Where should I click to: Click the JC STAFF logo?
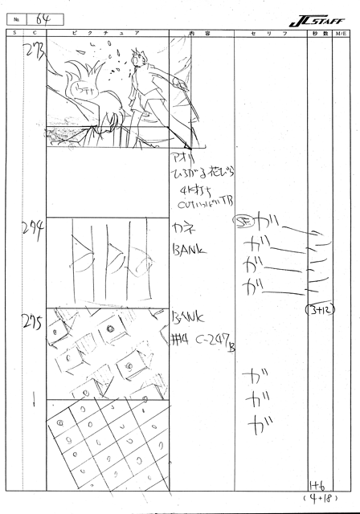(319, 18)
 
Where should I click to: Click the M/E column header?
(342, 33)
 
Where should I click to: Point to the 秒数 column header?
(317, 33)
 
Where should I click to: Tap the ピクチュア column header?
(106, 33)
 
